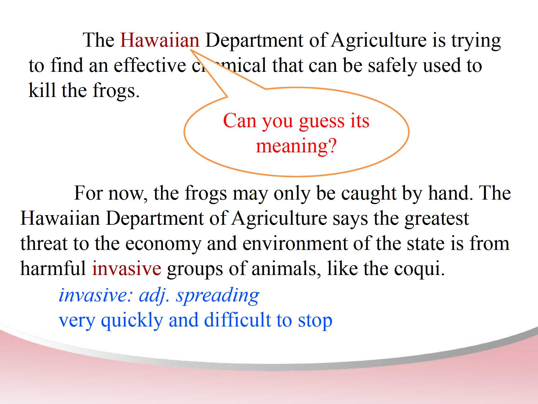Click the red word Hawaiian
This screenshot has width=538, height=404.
click(160, 40)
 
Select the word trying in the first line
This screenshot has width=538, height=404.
click(476, 42)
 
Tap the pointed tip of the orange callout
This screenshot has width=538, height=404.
click(191, 50)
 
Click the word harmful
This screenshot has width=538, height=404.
click(53, 268)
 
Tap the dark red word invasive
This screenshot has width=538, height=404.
click(127, 268)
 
